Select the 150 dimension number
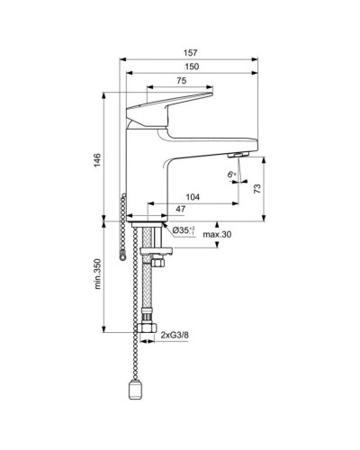click(x=190, y=66)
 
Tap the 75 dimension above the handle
click(x=181, y=82)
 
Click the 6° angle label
click(x=232, y=174)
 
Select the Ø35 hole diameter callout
click(x=183, y=231)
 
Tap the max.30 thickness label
click(x=216, y=236)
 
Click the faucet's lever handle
click(x=171, y=103)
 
